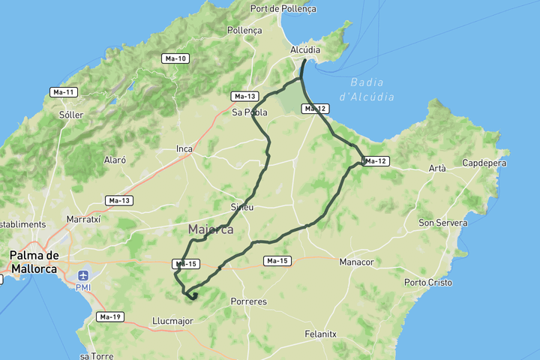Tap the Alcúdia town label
(x=305, y=50)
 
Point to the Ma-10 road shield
(x=175, y=58)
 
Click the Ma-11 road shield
(x=63, y=92)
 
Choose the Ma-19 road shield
(x=109, y=316)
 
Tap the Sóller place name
(x=70, y=115)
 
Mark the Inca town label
(x=184, y=148)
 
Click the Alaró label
(x=115, y=160)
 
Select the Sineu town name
(x=242, y=206)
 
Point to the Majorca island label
(x=211, y=229)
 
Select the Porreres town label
(x=249, y=301)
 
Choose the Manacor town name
(x=356, y=262)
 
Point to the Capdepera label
(x=485, y=163)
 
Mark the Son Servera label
(x=443, y=223)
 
